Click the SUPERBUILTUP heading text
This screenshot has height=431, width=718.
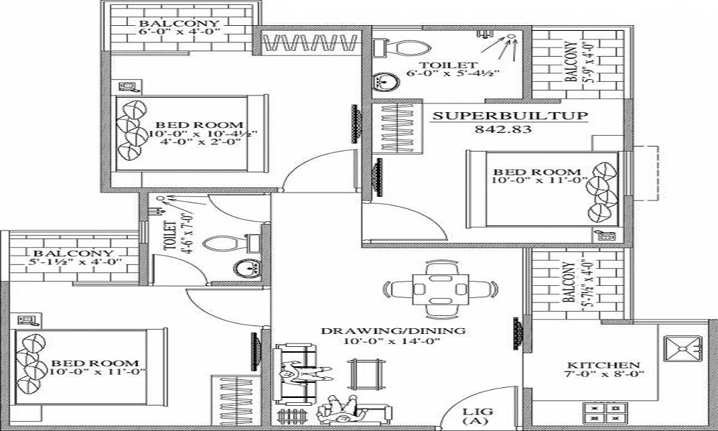coord(510,116)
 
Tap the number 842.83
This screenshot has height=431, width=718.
coord(503,129)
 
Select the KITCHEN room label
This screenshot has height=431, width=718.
coord(604,365)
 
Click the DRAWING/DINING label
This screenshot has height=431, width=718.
coord(393,330)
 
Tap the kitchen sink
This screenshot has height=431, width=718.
coord(682,348)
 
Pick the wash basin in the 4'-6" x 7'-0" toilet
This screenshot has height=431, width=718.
coord(247,268)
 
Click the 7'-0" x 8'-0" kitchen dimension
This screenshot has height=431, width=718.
coord(604,374)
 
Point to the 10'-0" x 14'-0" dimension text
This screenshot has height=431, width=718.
coord(393,340)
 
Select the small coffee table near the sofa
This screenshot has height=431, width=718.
coord(365,374)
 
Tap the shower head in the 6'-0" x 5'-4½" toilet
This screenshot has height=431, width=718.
coord(510,37)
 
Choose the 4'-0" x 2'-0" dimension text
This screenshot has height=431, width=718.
coord(200,142)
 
